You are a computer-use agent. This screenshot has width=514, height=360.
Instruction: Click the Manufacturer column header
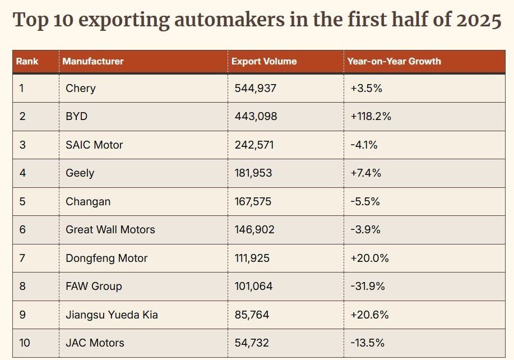pyautogui.click(x=93, y=61)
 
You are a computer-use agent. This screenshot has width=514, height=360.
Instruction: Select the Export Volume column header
pyautogui.click(x=264, y=61)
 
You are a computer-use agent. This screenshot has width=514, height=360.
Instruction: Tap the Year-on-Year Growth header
pyautogui.click(x=394, y=61)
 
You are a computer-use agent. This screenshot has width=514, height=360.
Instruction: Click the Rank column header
pyautogui.click(x=27, y=61)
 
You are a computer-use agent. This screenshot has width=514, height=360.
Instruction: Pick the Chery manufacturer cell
pyautogui.click(x=81, y=88)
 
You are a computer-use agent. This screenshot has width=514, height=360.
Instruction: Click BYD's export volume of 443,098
pyautogui.click(x=256, y=117)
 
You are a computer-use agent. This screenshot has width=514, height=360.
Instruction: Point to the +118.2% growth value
pyautogui.click(x=371, y=117)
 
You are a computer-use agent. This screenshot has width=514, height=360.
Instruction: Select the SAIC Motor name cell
pyautogui.click(x=94, y=145)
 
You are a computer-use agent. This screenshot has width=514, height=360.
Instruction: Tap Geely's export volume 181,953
pyautogui.click(x=253, y=173)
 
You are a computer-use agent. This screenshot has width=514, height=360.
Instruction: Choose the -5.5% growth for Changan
pyautogui.click(x=365, y=201)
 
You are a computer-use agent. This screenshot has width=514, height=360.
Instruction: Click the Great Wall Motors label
pyautogui.click(x=110, y=229)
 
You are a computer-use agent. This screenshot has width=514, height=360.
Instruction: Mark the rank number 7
pyautogui.click(x=22, y=258)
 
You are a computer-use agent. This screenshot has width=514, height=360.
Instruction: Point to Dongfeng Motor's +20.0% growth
pyautogui.click(x=369, y=258)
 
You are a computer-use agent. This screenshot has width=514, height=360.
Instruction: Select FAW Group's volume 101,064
pyautogui.click(x=253, y=286)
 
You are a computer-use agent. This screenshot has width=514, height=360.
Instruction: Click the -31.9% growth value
pyautogui.click(x=368, y=286)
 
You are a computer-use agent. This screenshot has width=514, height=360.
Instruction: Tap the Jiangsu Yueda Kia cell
pyautogui.click(x=112, y=315)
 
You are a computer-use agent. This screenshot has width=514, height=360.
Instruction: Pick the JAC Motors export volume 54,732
pyautogui.click(x=252, y=343)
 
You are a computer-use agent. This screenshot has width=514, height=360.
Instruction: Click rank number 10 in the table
pyautogui.click(x=25, y=343)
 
